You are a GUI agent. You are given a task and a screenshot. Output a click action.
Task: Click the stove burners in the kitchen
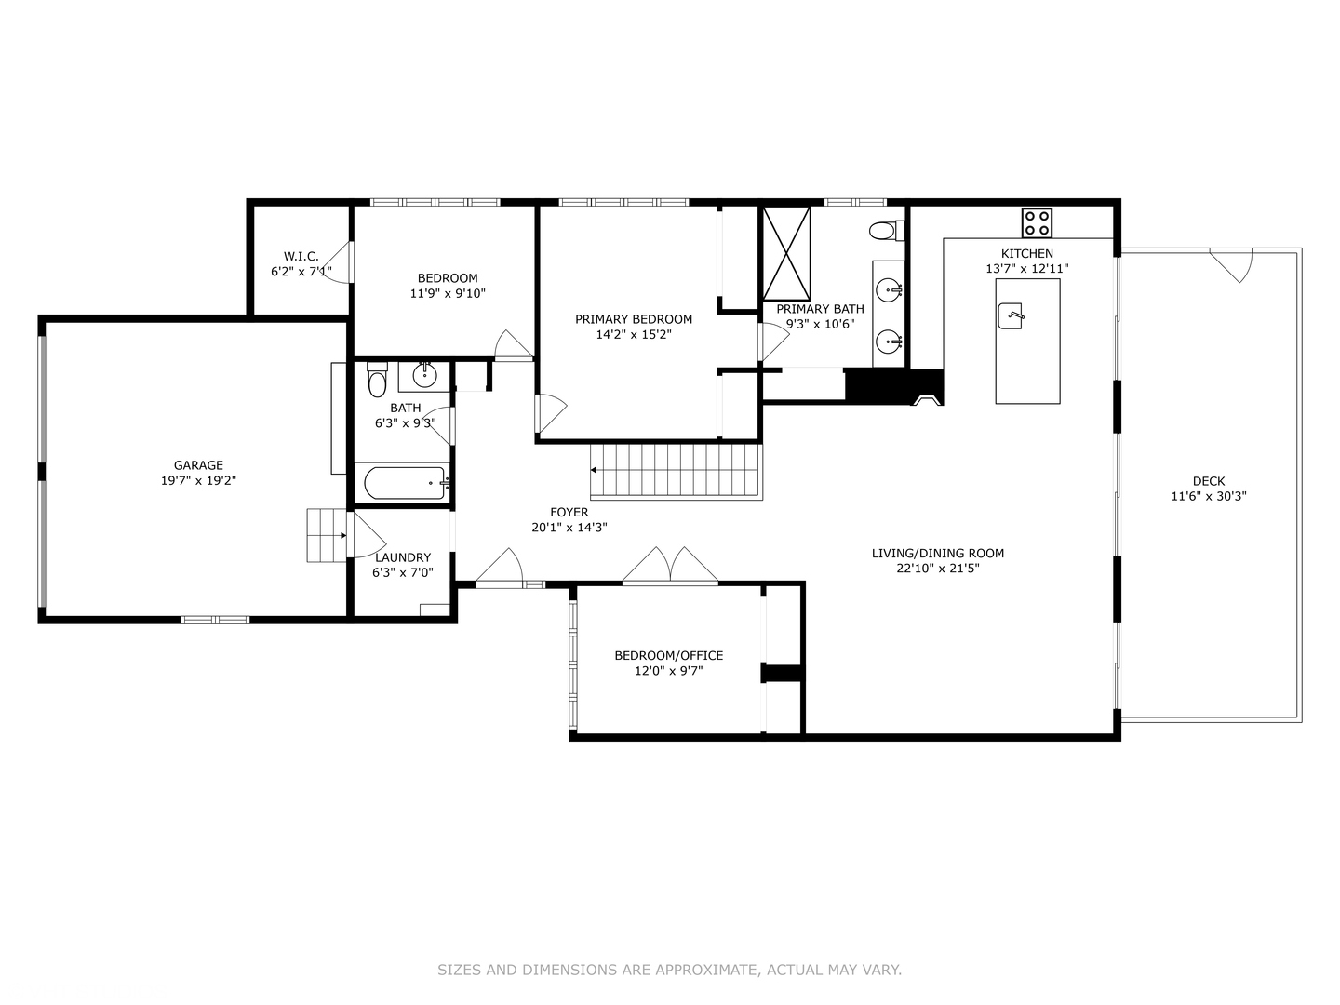click(1037, 222)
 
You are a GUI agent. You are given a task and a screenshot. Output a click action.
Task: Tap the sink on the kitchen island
click(1011, 316)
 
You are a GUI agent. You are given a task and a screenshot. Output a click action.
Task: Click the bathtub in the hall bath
click(406, 483)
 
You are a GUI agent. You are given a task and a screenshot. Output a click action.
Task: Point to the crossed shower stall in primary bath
click(786, 253)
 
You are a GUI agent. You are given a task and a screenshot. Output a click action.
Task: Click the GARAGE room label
click(198, 465)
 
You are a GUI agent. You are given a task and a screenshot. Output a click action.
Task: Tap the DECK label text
click(1209, 481)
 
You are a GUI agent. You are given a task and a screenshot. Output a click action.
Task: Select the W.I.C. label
click(301, 256)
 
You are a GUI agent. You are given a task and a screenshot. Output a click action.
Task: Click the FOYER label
click(569, 512)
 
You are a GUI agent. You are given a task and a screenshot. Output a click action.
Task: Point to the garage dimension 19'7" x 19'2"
click(198, 481)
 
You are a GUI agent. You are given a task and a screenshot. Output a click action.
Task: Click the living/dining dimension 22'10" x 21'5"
click(938, 569)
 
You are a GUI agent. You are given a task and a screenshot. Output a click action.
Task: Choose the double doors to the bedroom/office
click(670, 567)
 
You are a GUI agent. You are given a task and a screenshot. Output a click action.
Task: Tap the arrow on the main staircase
click(594, 470)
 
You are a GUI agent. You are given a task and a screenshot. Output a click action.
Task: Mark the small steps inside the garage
click(327, 535)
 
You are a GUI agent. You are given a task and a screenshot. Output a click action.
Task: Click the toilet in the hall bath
click(377, 379)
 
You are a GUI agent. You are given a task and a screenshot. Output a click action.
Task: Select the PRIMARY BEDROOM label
click(634, 319)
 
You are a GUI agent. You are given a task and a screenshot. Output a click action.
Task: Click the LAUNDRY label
click(403, 557)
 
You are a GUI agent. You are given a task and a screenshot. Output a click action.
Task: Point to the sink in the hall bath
click(424, 375)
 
